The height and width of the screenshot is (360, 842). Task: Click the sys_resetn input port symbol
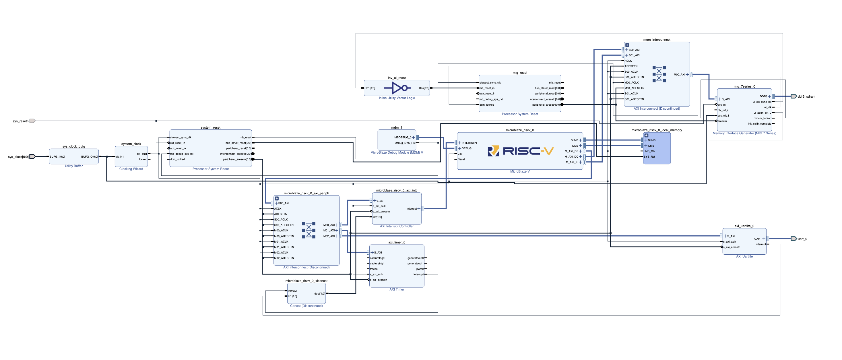[32, 121]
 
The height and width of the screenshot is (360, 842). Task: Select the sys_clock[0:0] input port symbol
[32, 157]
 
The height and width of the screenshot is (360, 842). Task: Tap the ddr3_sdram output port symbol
[794, 96]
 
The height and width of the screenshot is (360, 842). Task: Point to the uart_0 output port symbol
[794, 239]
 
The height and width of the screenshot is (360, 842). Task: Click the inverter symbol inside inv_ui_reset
[397, 88]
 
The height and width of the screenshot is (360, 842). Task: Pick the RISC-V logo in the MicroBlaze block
[520, 151]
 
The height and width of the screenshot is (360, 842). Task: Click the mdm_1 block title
[397, 127]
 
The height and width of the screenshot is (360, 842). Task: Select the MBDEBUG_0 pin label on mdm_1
[402, 137]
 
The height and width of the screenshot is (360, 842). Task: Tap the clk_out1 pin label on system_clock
[141, 154]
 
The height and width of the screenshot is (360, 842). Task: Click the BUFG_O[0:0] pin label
[89, 157]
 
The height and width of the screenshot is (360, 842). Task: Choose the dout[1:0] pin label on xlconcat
[319, 294]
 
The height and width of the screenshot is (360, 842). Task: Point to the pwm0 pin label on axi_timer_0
[420, 269]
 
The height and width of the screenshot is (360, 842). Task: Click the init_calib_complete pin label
[759, 124]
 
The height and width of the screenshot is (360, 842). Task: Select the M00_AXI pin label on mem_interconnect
[679, 75]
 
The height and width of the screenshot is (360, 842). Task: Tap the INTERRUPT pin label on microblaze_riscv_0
[469, 143]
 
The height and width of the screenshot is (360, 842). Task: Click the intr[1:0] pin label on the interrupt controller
[377, 217]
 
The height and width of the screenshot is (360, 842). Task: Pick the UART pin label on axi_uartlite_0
[758, 239]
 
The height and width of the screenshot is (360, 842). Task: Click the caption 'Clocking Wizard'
[131, 169]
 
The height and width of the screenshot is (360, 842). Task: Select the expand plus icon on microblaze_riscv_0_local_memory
[646, 136]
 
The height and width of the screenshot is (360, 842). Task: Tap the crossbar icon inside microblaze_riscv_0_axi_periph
[309, 230]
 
